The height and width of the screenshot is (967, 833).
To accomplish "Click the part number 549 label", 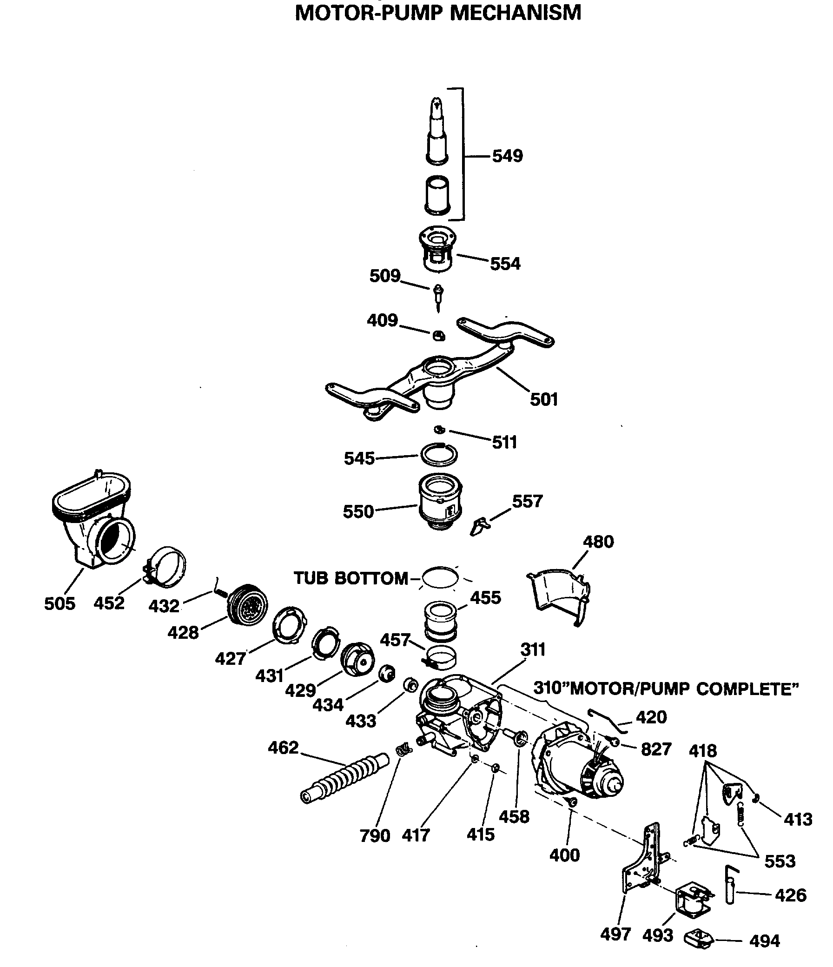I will point(507,156).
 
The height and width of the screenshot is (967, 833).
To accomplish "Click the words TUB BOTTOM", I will point(351,578).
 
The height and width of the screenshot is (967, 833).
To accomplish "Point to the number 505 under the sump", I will point(59,603).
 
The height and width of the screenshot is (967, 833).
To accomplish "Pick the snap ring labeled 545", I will point(439,455).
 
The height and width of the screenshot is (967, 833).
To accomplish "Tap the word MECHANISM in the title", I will point(516,13).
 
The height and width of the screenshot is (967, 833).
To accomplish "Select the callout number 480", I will point(598,542).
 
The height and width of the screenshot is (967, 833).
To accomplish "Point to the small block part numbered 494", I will point(699,940).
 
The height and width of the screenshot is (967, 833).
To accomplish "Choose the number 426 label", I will point(791,895).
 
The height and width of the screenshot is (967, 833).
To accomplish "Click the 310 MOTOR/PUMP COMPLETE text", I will point(666,689).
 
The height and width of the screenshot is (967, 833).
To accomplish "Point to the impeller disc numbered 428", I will point(247,604).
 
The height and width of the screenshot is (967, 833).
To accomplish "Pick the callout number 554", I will point(504,264).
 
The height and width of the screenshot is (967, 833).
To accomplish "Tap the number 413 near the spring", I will point(798,819).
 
